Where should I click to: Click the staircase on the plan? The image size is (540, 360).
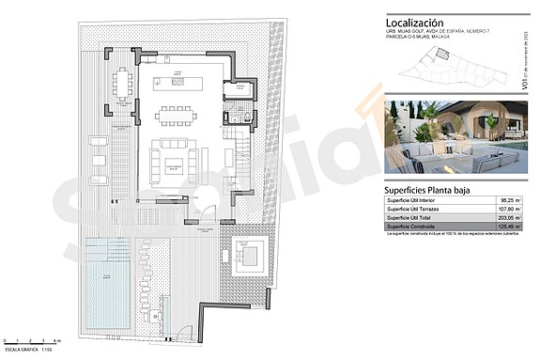click(x=237, y=149)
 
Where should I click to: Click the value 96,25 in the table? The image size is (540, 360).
click(x=509, y=200)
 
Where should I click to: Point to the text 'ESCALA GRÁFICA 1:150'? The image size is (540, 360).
click(x=28, y=347)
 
